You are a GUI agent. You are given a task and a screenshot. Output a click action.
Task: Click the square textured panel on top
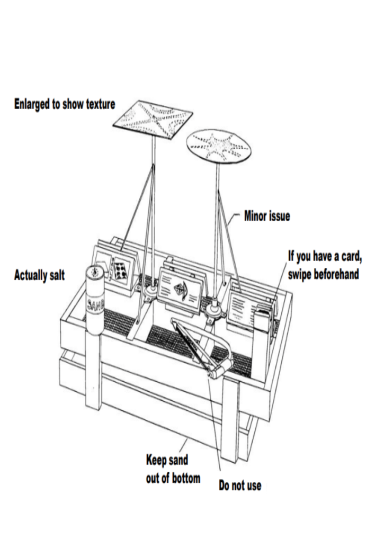click(x=153, y=120)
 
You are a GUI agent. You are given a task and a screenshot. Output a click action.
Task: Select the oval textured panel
click(x=219, y=144)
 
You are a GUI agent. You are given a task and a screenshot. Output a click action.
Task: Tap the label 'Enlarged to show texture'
click(x=64, y=104)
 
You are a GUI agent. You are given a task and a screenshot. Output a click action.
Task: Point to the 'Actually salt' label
click(x=39, y=275)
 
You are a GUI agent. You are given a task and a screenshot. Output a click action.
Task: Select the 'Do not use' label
click(x=239, y=485)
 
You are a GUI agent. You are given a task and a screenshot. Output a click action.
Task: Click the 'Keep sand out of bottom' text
click(x=173, y=468)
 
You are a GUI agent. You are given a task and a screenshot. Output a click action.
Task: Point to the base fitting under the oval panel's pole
click(x=216, y=313)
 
